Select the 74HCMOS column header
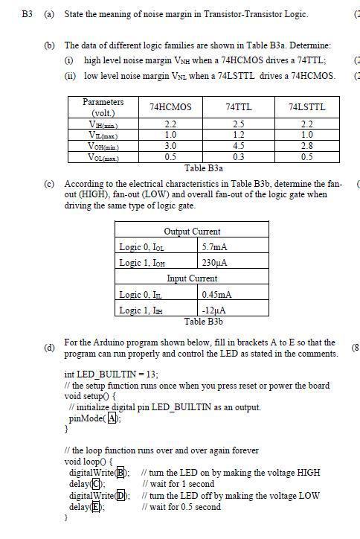click(170, 107)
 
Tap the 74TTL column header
click(239, 107)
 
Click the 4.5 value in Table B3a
click(239, 147)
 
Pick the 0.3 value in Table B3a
click(239, 158)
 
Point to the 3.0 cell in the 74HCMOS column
click(170, 147)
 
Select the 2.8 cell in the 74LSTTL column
click(306, 147)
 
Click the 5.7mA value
click(215, 246)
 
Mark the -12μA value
click(214, 310)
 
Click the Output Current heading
click(192, 232)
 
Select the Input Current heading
click(192, 278)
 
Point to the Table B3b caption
click(203, 322)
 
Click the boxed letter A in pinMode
click(112, 418)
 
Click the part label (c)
click(49, 183)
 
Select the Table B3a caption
click(203, 168)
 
